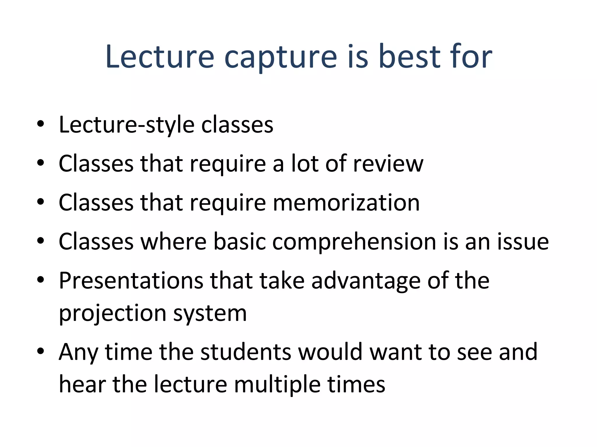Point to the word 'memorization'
pyautogui.click(x=346, y=203)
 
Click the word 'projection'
pyautogui.click(x=113, y=313)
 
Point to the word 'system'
pyautogui.click(x=210, y=313)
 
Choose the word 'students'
pyautogui.click(x=246, y=352)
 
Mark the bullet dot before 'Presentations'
pyautogui.click(x=41, y=280)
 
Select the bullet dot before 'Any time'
pyautogui.click(x=41, y=351)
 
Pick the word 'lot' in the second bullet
pyautogui.click(x=305, y=164)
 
